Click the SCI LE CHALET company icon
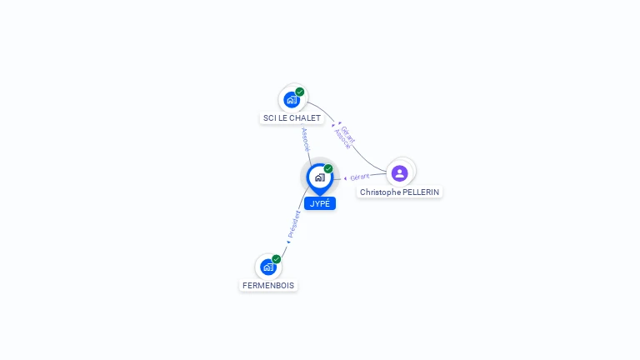(x=292, y=100)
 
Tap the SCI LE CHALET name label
(x=292, y=118)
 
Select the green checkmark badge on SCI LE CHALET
(x=300, y=92)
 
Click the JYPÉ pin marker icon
(x=319, y=177)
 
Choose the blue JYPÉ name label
(x=320, y=203)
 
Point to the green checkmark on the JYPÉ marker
(x=328, y=168)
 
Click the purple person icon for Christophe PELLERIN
(x=399, y=172)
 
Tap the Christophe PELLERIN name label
(x=400, y=192)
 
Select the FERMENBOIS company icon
(x=267, y=267)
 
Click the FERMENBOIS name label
(x=268, y=285)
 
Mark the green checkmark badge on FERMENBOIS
(x=277, y=258)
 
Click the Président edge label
(x=294, y=224)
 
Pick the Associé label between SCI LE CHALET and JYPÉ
(x=305, y=138)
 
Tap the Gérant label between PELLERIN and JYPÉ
(x=360, y=177)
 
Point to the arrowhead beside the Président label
(x=288, y=242)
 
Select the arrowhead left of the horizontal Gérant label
(x=345, y=178)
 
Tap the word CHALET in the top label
(x=307, y=118)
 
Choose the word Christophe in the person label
(x=379, y=192)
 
